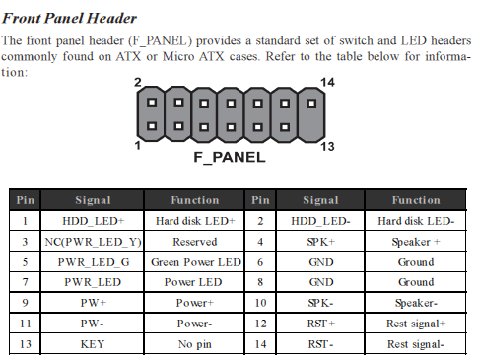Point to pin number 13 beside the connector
pyautogui.click(x=329, y=146)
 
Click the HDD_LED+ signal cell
pyautogui.click(x=94, y=221)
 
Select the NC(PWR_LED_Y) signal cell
pyautogui.click(x=94, y=242)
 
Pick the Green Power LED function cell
pyautogui.click(x=195, y=262)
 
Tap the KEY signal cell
pyautogui.click(x=94, y=345)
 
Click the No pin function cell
pyautogui.click(x=195, y=345)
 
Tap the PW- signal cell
pyautogui.click(x=94, y=324)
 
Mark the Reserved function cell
pyautogui.click(x=195, y=242)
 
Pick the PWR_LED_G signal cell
pyautogui.click(x=94, y=262)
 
